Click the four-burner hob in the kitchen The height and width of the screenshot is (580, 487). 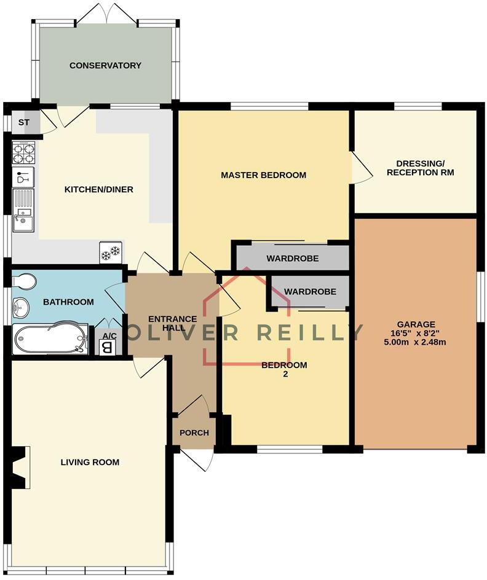coord(23,153)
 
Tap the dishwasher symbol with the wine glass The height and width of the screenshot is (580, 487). coord(23,178)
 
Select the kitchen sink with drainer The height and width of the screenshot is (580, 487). coord(23,210)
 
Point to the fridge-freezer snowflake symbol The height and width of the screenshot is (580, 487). coord(111,253)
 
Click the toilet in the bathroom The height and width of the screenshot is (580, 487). coord(25,281)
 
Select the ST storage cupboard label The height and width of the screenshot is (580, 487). coord(23,122)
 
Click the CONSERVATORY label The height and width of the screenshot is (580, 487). coord(105,65)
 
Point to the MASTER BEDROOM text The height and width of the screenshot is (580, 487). coord(263,175)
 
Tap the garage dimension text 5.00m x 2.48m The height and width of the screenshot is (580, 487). coord(416,342)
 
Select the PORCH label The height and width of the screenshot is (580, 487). coord(194,433)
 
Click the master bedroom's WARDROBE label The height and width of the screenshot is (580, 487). coord(292,259)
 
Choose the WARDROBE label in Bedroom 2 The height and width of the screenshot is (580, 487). coord(310,291)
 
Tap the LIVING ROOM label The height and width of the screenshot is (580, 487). coord(89,462)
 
